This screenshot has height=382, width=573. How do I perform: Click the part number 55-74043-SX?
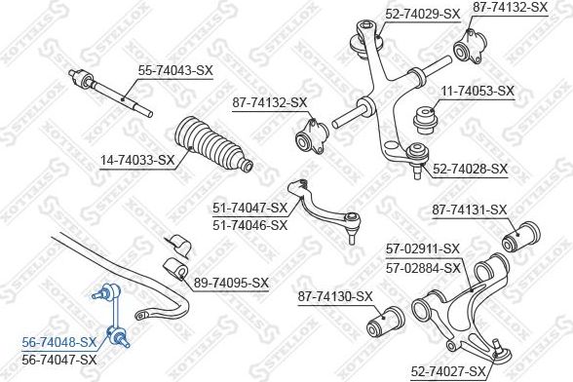tap(175, 70)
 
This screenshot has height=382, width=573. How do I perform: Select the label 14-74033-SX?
tap(137, 160)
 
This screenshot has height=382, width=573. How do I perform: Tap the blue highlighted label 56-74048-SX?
tap(59, 342)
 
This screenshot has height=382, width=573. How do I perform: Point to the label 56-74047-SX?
tap(59, 360)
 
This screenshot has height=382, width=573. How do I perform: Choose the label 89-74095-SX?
tap(231, 283)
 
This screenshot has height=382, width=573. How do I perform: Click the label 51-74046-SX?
tap(250, 225)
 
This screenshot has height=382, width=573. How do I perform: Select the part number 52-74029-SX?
tap(423, 15)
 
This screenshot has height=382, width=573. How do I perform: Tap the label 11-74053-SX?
tap(477, 91)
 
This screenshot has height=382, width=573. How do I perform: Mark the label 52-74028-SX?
tap(471, 169)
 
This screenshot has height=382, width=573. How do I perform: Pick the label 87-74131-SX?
tap(470, 210)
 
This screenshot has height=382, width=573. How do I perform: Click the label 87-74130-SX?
tap(335, 296)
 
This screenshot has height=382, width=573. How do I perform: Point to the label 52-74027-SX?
tap(448, 371)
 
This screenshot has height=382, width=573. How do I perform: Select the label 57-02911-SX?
tap(423, 249)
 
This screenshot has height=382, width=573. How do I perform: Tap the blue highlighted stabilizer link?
tap(110, 316)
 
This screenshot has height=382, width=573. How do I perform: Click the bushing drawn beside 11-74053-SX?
tap(425, 120)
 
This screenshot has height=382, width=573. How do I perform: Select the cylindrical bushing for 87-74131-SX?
tap(520, 237)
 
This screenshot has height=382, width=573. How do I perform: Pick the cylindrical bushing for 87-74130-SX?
tap(385, 321)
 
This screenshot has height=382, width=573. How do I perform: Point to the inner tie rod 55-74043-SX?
tap(110, 94)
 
